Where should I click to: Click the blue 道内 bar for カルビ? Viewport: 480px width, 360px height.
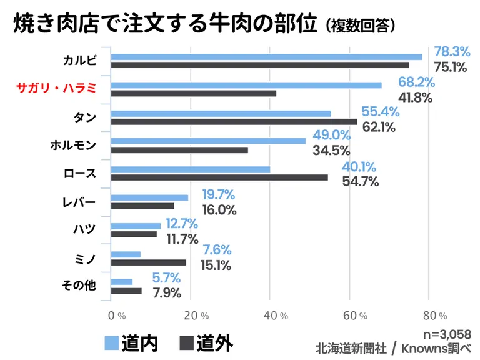coord(266,57)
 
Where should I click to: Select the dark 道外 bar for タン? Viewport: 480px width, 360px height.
coord(234,121)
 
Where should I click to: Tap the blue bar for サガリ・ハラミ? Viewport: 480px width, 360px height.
coord(246,85)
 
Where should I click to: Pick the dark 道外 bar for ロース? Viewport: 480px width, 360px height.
coord(219,177)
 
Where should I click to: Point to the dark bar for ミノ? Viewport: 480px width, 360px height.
coord(149,262)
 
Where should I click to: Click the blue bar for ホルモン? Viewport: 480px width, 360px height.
coord(208,141)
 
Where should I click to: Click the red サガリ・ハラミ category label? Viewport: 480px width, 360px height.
coord(57,89)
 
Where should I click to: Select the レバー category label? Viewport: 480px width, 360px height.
coord(79,201)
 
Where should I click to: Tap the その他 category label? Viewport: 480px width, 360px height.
coord(79,286)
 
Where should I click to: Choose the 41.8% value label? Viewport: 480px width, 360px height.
coord(415,97)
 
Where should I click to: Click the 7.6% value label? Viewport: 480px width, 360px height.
coord(216,250)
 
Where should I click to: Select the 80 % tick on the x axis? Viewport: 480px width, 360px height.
coord(434,316)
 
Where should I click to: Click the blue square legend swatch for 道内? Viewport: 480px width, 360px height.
coord(111,343)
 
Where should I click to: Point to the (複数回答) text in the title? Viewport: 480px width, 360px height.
coord(360,26)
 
